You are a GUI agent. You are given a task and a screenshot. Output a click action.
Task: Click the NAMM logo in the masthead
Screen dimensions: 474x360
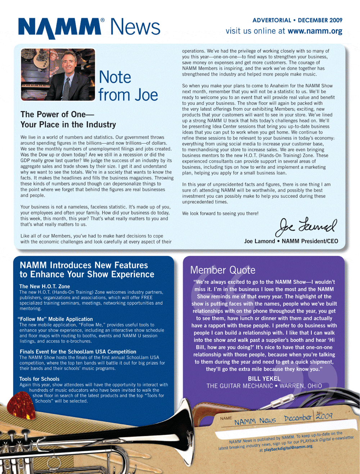click(59, 28)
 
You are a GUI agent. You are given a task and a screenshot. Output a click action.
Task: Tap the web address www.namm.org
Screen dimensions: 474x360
click(315, 31)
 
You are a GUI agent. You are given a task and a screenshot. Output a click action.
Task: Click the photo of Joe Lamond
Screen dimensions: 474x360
click(58, 74)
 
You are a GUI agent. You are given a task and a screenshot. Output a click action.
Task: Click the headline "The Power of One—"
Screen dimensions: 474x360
click(57, 114)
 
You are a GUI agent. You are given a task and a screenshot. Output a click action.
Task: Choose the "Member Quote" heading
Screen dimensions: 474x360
click(222, 270)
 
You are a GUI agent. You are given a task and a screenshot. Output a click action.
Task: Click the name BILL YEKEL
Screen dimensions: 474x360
click(264, 379)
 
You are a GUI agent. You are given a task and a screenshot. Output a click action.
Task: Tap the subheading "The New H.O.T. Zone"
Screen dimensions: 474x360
click(45, 286)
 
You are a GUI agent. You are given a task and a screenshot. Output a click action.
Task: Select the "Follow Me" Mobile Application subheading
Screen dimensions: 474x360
click(55, 319)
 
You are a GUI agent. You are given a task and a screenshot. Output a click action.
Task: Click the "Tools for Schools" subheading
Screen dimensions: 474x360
click(40, 379)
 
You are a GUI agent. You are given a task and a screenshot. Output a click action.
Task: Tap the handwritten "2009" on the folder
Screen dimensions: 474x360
click(324, 416)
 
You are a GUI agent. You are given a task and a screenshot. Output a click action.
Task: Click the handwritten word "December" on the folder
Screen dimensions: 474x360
click(297, 418)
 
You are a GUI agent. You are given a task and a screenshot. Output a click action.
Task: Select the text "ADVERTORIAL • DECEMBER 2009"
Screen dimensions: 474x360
click(297, 20)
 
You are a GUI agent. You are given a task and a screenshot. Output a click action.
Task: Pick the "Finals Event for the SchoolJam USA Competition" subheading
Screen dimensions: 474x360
click(78, 352)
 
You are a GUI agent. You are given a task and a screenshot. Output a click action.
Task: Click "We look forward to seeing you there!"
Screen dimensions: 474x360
click(220, 214)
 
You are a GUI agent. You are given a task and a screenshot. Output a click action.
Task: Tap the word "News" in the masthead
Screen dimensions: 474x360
click(135, 27)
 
